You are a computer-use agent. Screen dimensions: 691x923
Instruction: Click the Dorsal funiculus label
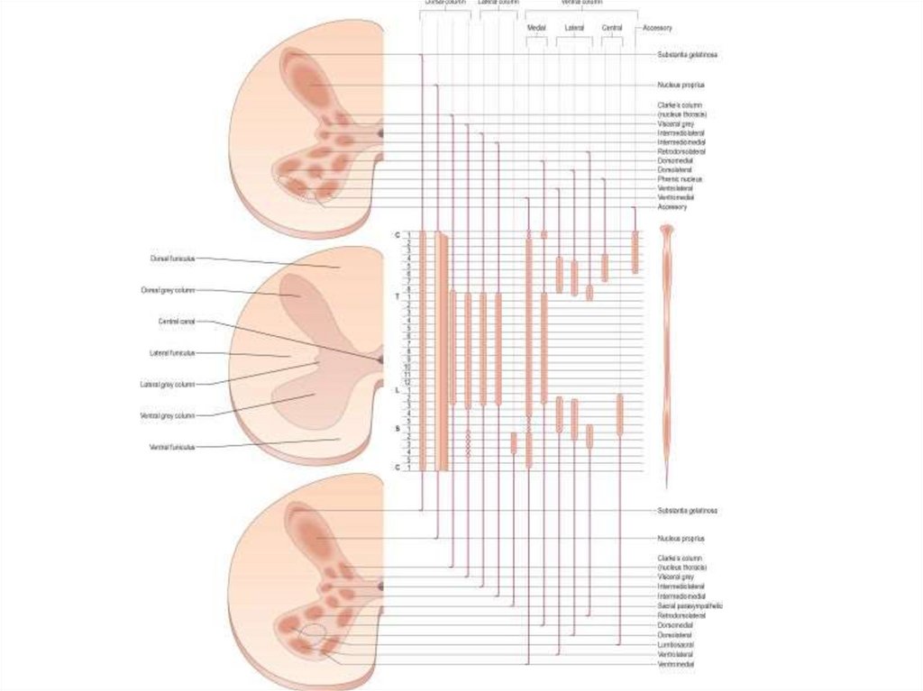pyautogui.click(x=172, y=259)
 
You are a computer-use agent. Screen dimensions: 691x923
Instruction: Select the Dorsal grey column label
pyautogui.click(x=169, y=290)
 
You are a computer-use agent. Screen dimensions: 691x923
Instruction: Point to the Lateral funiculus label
pyautogui.click(x=172, y=353)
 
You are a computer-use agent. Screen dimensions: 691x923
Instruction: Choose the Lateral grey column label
pyautogui.click(x=168, y=384)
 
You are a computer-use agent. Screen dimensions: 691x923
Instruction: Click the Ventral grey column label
pyautogui.click(x=168, y=415)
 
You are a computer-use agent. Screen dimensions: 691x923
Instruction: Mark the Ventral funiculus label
pyautogui.click(x=172, y=447)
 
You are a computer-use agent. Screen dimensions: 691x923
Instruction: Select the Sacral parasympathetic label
pyautogui.click(x=690, y=606)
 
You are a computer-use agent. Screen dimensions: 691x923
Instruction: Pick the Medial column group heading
pyautogui.click(x=536, y=29)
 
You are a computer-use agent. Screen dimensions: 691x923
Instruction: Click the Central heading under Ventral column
pyautogui.click(x=612, y=29)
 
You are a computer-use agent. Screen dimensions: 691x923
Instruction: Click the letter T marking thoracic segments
pyautogui.click(x=398, y=296)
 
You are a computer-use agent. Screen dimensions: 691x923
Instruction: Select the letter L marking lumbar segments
pyautogui.click(x=398, y=390)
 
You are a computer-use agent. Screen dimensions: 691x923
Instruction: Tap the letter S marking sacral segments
pyautogui.click(x=398, y=429)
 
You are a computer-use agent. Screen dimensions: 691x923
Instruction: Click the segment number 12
pyautogui.click(x=408, y=383)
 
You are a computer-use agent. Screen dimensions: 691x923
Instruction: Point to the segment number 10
pyautogui.click(x=408, y=368)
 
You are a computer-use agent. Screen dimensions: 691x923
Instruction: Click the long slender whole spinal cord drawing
pyautogui.click(x=667, y=351)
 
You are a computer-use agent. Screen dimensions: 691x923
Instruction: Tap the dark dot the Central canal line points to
pyautogui.click(x=380, y=359)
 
